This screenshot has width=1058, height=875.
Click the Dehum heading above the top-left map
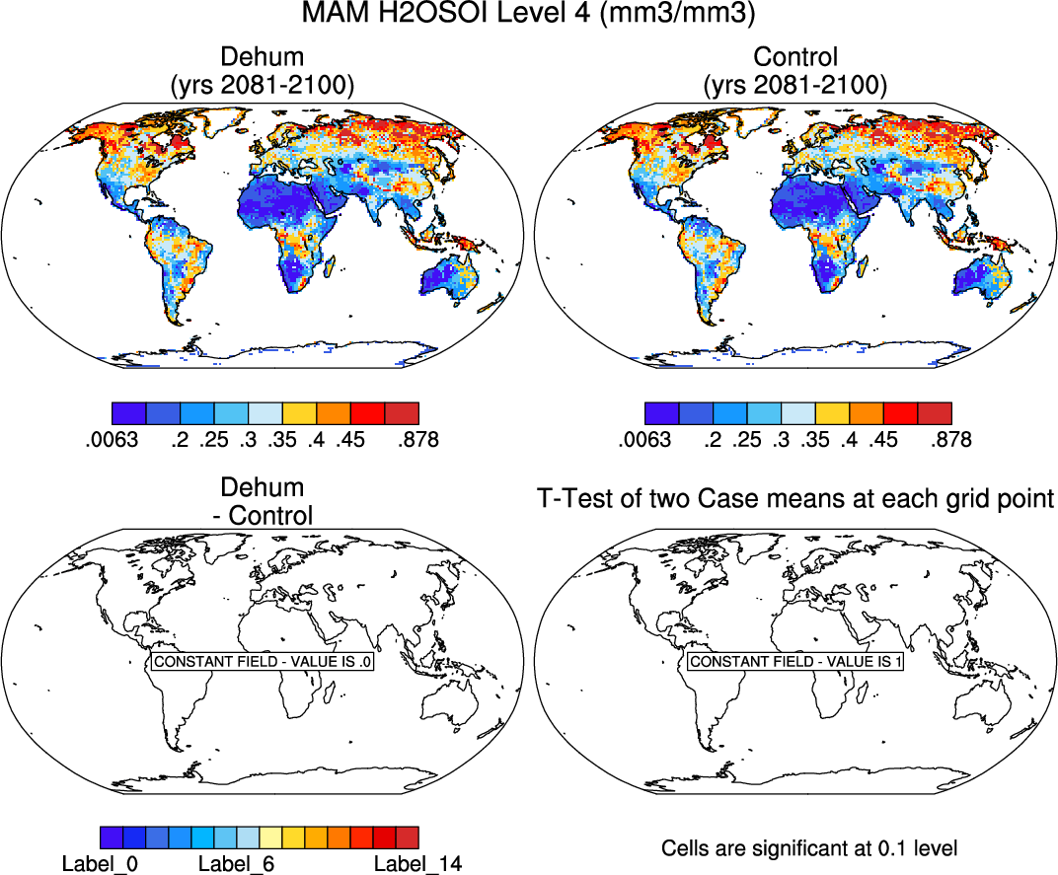263,57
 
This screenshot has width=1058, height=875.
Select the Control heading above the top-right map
794,57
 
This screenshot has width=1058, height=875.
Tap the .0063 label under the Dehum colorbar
112,438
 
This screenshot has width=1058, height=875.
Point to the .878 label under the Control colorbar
950,438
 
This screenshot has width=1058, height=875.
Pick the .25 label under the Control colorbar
746,438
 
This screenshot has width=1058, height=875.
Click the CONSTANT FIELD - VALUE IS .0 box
263,662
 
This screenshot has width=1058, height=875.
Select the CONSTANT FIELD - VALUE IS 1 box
795,662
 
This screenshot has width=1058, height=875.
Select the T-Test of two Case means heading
795,499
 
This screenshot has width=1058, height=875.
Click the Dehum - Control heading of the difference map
263,501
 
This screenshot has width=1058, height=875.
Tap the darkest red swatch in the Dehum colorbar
402,412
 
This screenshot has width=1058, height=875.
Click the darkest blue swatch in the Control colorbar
660,412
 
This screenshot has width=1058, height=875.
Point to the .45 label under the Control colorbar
884,438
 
